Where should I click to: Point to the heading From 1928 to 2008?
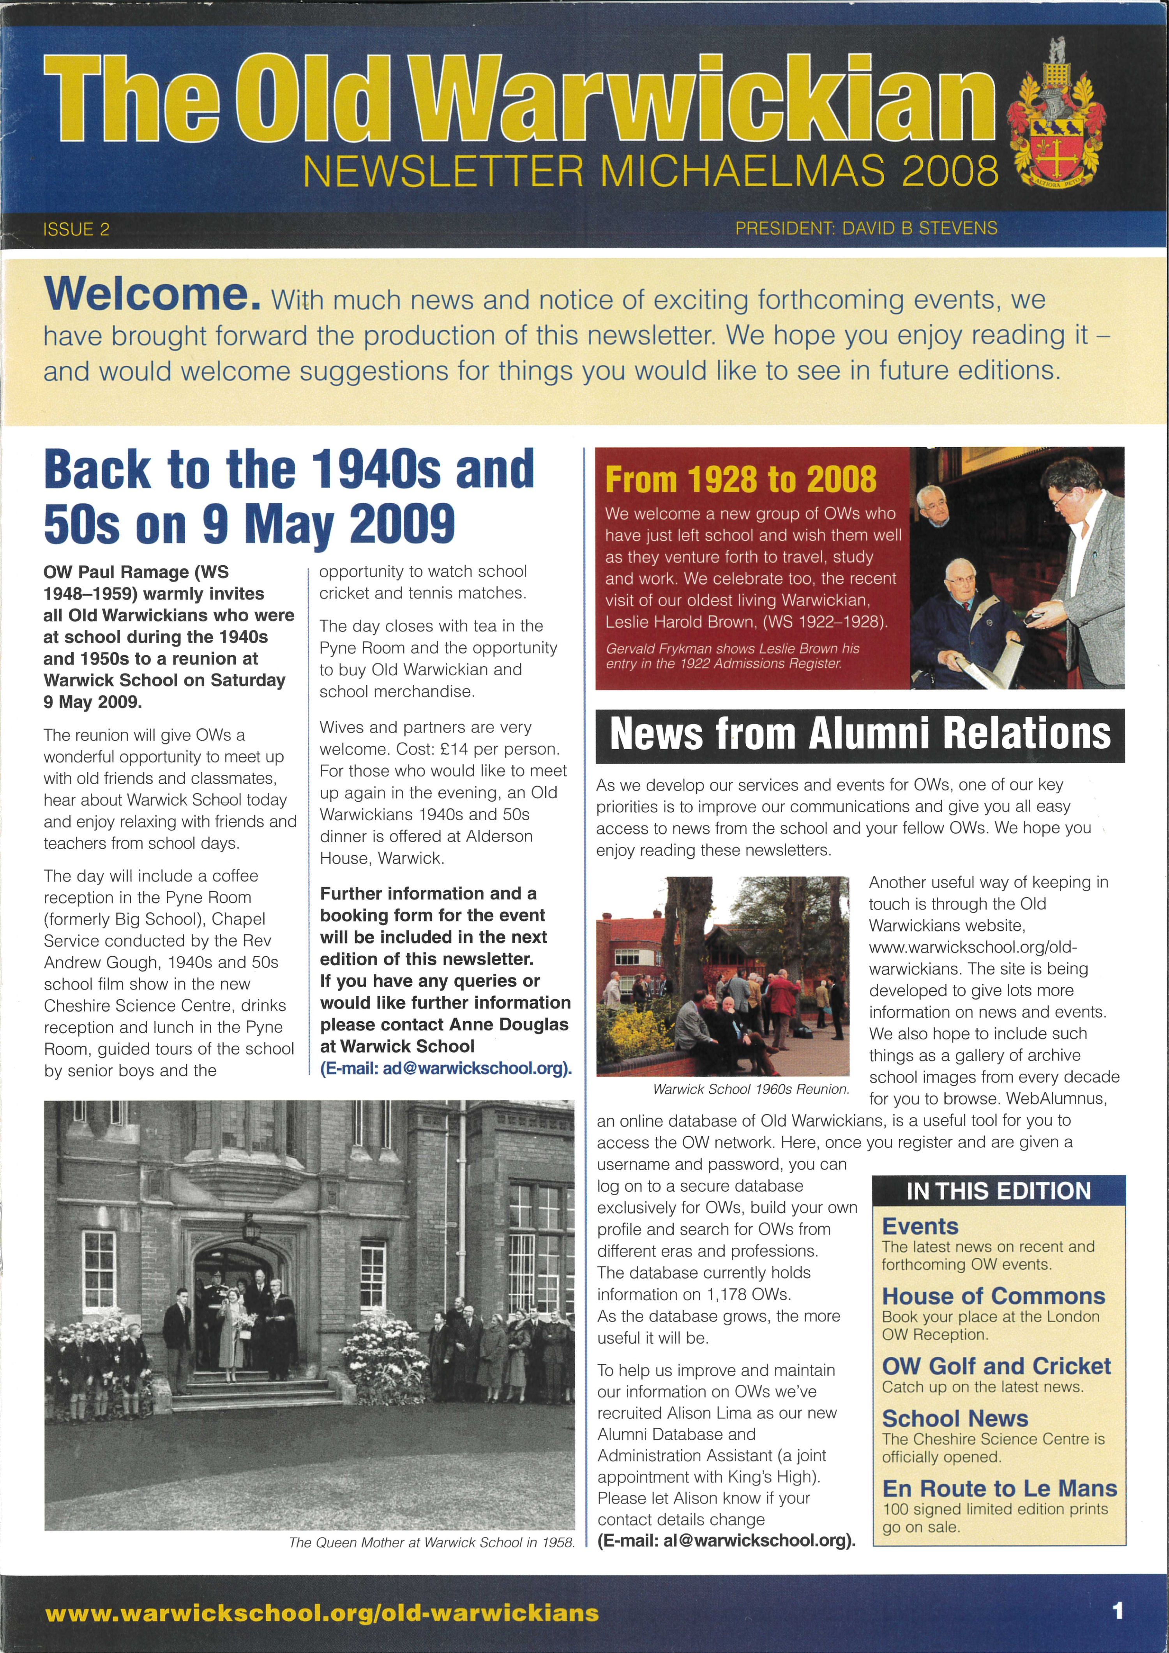coord(740,480)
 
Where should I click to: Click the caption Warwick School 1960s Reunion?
coord(750,1089)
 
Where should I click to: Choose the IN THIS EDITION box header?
coord(998,1191)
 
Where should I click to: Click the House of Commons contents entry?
coord(993,1297)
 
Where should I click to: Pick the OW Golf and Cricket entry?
coord(996,1366)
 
